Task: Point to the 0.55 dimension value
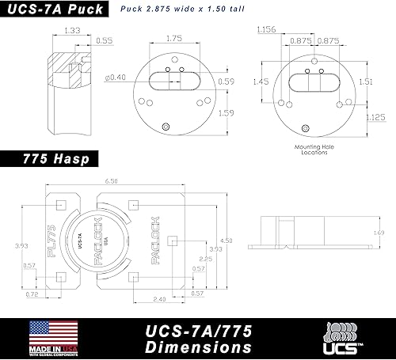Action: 104,39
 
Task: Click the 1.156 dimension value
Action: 266,29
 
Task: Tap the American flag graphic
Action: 54,332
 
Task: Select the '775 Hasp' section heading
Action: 49,159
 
